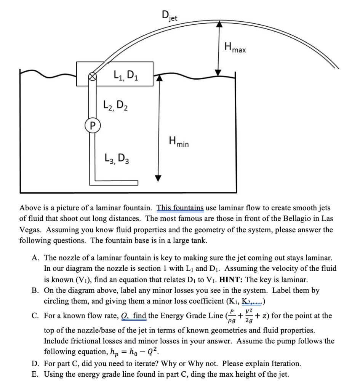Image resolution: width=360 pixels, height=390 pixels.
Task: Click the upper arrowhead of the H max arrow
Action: coord(219,23)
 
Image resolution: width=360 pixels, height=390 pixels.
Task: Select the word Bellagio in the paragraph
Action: coord(285,219)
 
